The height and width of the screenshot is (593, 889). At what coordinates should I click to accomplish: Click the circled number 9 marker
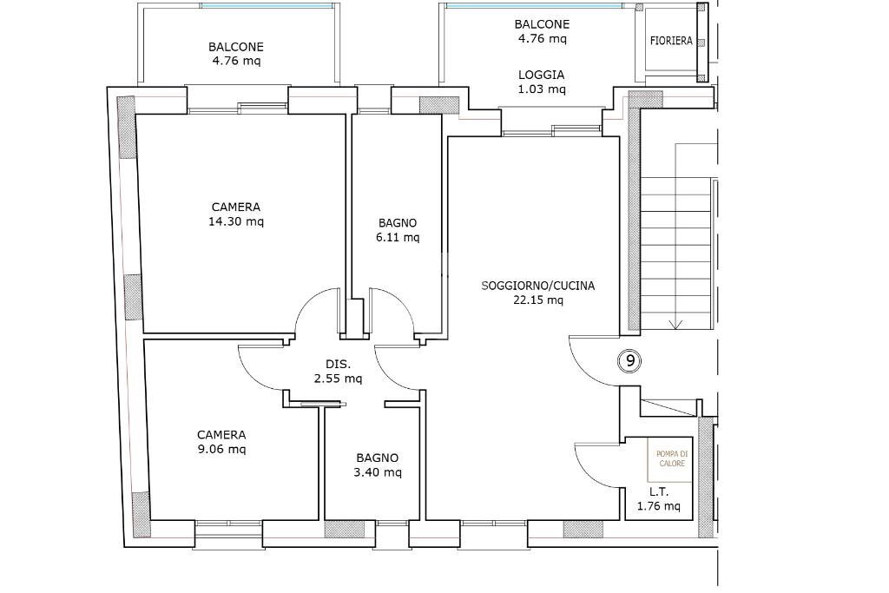click(x=630, y=360)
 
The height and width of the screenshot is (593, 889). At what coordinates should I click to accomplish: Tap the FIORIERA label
click(x=671, y=41)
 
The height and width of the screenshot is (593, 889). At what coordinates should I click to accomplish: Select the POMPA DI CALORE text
click(x=671, y=458)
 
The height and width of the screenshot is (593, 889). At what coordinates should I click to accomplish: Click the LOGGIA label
click(x=542, y=75)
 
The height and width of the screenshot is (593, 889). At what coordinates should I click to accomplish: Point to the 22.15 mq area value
click(x=538, y=300)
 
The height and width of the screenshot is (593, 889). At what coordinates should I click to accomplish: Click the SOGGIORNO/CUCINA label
click(x=538, y=286)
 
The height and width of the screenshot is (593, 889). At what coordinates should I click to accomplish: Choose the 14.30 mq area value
click(x=236, y=221)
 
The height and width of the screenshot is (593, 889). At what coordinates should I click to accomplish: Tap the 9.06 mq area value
click(x=221, y=450)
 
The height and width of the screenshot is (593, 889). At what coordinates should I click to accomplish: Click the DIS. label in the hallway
click(x=339, y=364)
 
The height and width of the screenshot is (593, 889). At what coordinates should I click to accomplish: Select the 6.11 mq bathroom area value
click(x=398, y=238)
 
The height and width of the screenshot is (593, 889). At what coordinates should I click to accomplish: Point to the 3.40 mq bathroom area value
click(x=378, y=472)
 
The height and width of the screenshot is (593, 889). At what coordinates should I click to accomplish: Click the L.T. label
click(x=659, y=492)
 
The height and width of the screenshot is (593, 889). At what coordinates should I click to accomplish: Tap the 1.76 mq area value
click(x=659, y=507)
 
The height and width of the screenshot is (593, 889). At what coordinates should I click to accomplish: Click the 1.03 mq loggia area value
click(x=542, y=89)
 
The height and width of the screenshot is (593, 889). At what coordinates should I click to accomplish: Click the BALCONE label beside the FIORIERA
click(x=542, y=24)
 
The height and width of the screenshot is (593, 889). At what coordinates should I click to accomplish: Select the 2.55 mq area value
click(x=339, y=379)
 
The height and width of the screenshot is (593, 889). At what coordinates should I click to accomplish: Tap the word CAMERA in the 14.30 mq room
click(x=236, y=208)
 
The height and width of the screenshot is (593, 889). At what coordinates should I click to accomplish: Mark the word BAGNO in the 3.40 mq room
click(x=378, y=458)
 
